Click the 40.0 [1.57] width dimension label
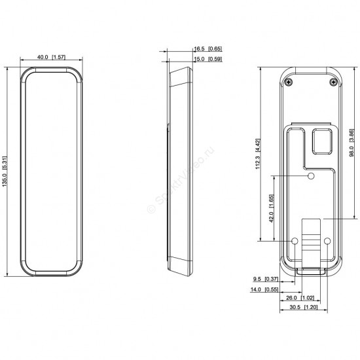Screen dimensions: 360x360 point(51,57)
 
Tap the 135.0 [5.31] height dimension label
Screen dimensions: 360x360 point(5,171)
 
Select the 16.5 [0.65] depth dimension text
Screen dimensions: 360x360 point(208,48)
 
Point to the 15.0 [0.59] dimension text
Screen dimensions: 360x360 point(208,59)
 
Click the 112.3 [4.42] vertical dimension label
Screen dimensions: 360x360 point(258,154)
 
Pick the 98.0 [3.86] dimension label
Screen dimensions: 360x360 point(351,143)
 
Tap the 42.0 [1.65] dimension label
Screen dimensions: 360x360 point(272,208)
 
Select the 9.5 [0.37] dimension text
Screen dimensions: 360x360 point(265,279)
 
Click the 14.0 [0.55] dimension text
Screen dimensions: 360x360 point(264,289)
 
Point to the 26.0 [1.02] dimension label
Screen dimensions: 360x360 point(300,298)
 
